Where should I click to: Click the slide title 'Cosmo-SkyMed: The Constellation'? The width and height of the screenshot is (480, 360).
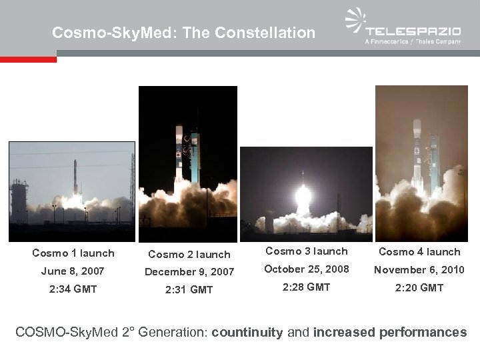pos(183,32)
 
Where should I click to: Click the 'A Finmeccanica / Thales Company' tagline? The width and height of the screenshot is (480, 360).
pos(413,42)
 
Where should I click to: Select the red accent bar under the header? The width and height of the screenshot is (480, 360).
pos(28,59)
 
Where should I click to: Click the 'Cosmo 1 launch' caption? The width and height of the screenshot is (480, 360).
pos(73,253)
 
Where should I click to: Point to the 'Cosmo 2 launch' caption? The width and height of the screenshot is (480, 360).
pos(189,254)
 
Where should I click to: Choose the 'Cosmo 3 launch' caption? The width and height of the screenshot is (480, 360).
pos(307,251)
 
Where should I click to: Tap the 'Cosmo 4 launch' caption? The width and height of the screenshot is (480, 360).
pos(419,252)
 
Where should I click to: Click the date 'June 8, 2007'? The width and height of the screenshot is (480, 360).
pos(73,271)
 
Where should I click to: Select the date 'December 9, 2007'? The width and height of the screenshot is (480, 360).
pos(189,271)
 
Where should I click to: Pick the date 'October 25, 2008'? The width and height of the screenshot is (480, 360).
pos(307,269)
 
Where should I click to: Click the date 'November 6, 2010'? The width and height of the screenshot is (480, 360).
pos(419,269)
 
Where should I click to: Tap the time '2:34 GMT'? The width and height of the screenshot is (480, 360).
pos(73,289)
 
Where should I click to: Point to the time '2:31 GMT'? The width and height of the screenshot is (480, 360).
pos(189,289)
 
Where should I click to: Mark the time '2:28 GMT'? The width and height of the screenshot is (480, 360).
pos(307,287)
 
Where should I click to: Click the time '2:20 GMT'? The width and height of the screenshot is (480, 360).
pos(419,287)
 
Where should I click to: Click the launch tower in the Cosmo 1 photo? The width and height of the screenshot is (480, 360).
pos(19,200)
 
